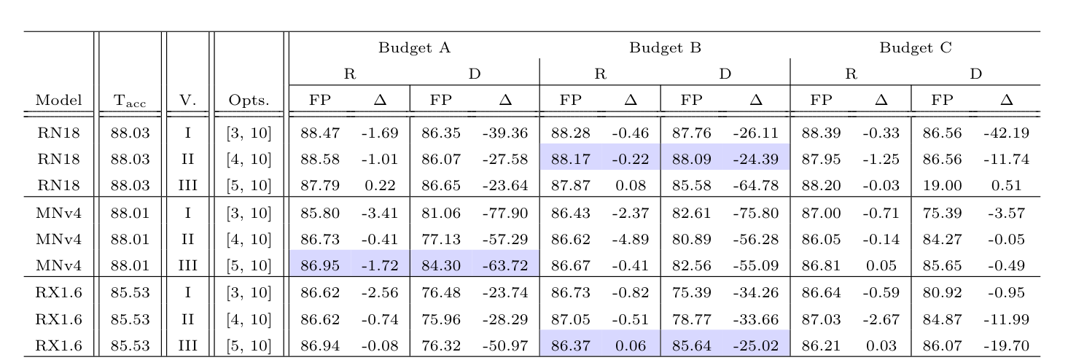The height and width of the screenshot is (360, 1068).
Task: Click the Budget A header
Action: pos(414,49)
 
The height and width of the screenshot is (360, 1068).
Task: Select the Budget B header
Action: pos(665,49)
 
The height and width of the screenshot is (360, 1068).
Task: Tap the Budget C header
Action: pos(916,49)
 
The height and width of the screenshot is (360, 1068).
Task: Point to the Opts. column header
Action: pos(249,101)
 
